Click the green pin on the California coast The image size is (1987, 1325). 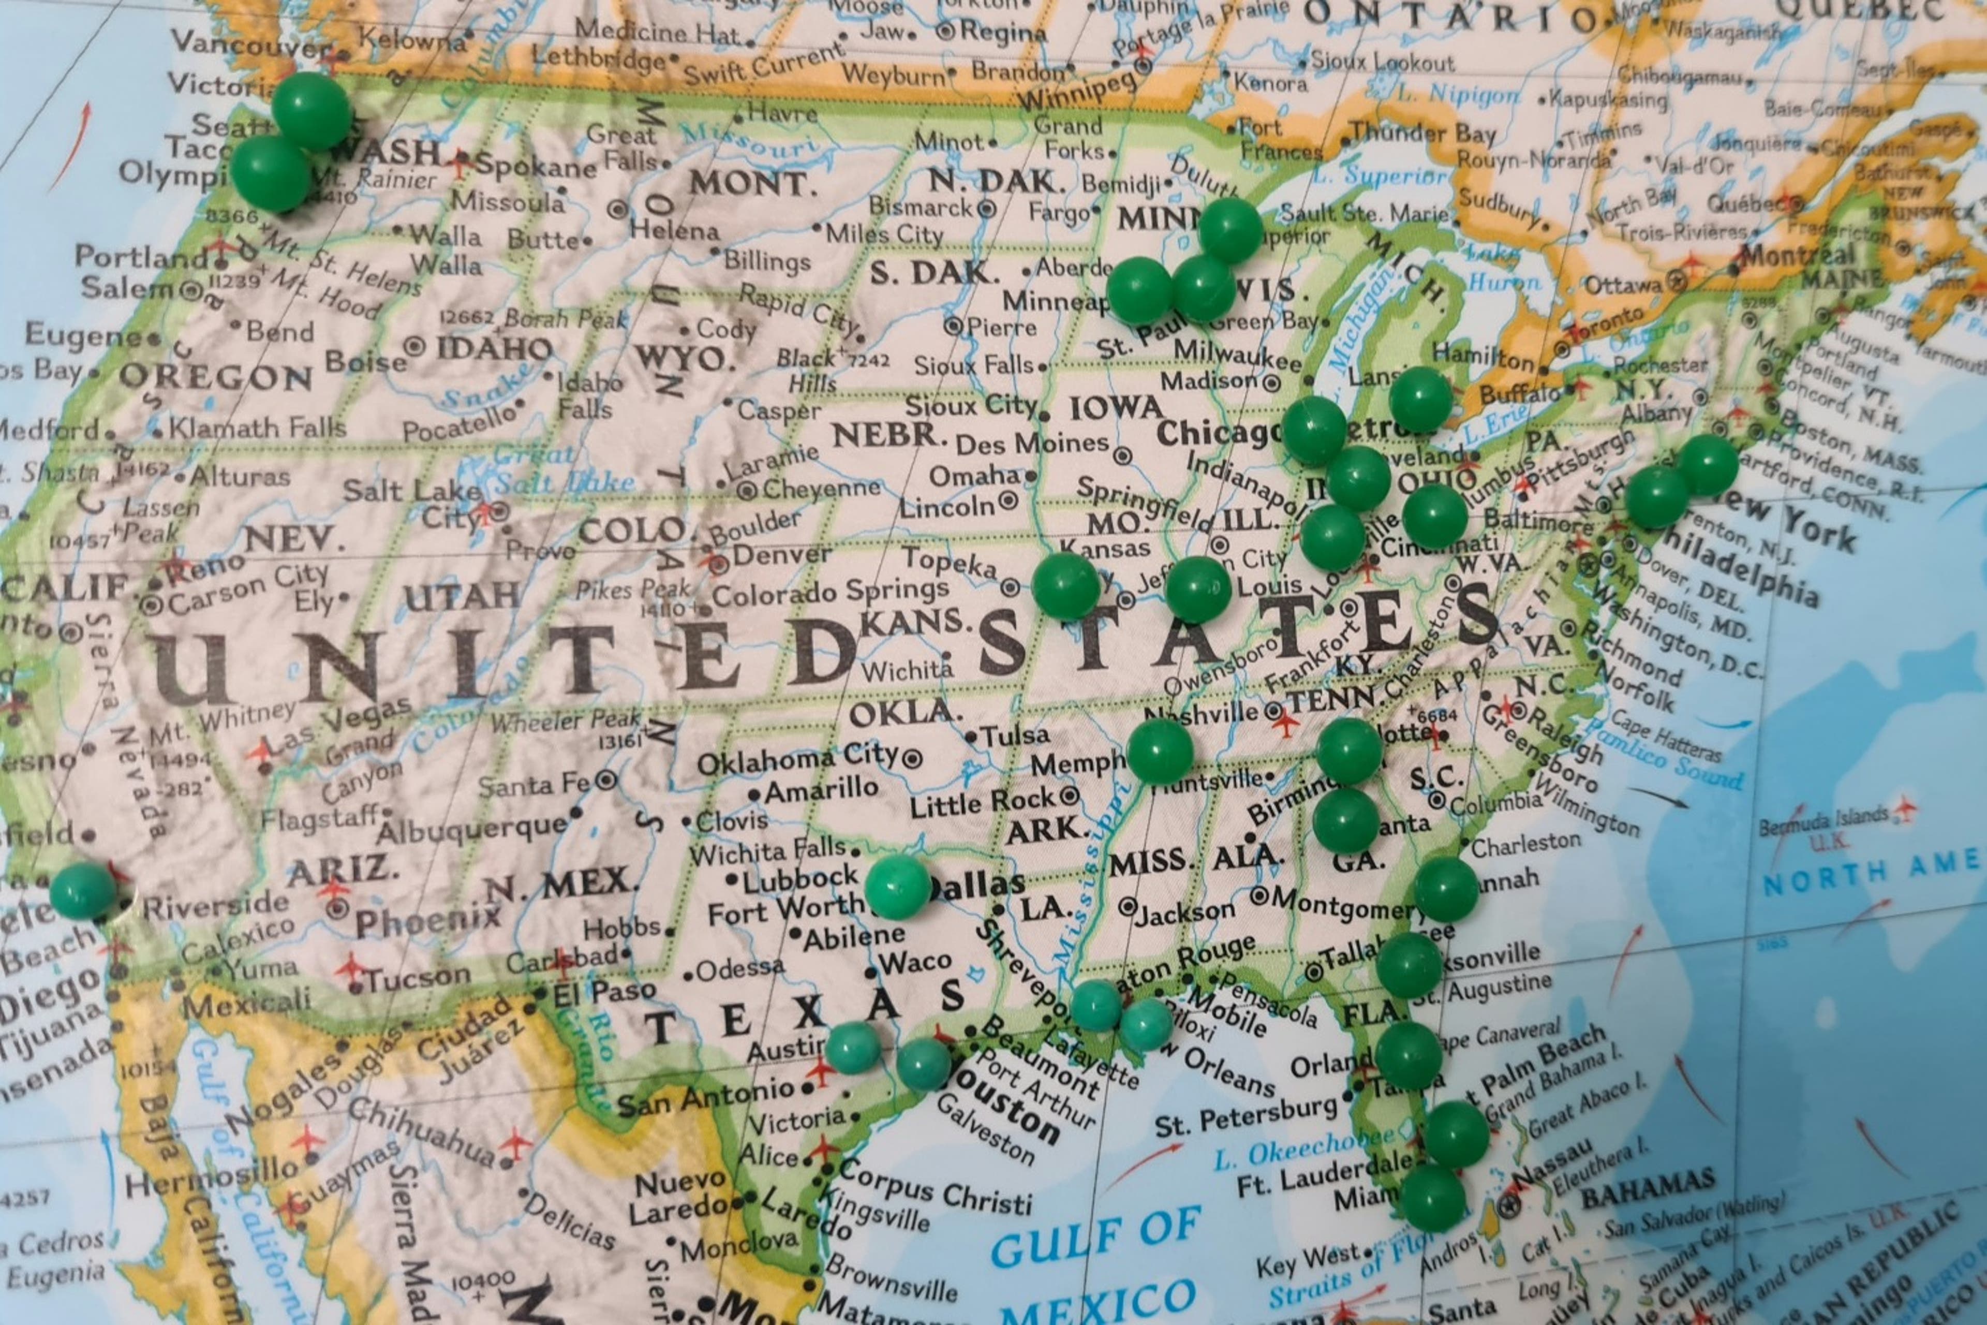tap(82, 891)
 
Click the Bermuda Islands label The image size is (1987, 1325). tap(1823, 817)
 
